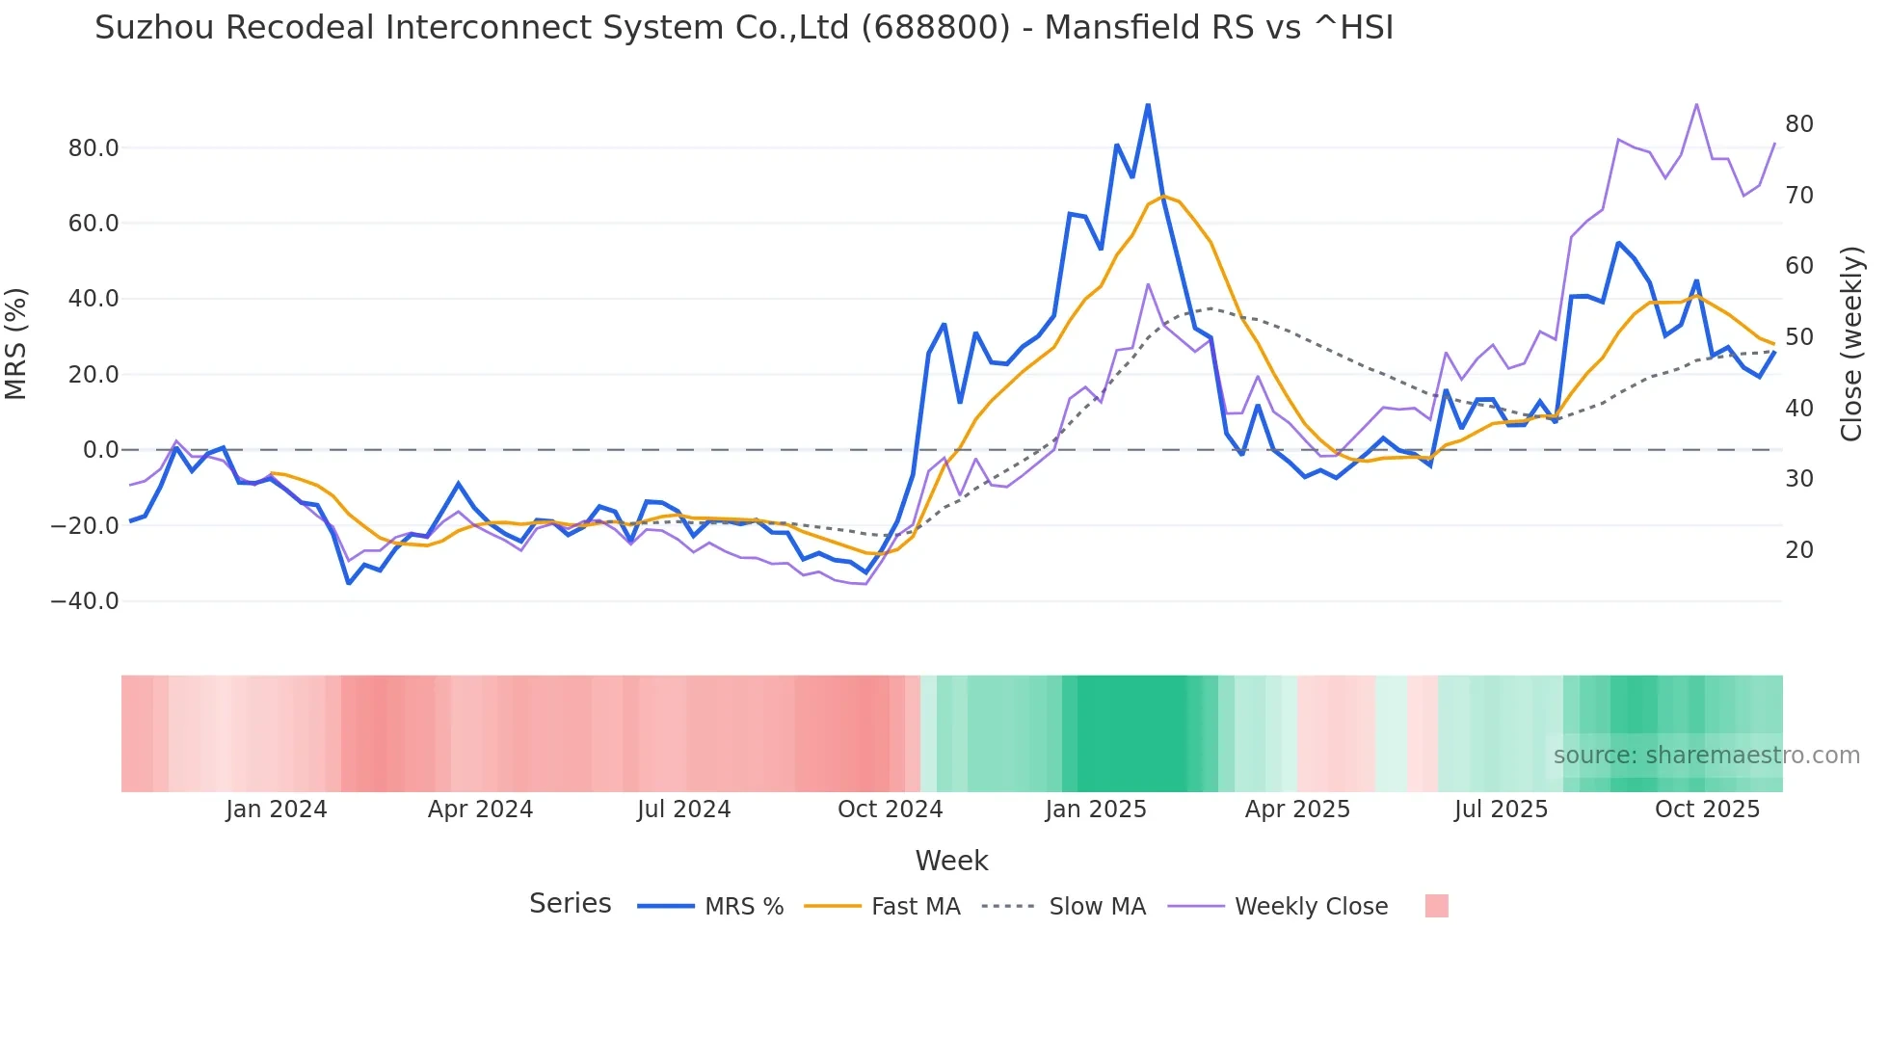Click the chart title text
point(744,28)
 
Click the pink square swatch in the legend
point(1436,906)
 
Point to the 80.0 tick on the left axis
point(93,148)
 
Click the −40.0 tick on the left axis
point(85,601)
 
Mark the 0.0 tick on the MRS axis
point(100,450)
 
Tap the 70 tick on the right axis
point(1798,196)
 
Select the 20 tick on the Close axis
point(1798,550)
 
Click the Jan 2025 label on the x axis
point(1096,810)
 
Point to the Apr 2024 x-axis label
point(480,810)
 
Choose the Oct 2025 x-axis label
point(1707,810)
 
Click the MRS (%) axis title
point(16,344)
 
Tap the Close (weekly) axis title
point(1850,344)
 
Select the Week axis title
point(951,861)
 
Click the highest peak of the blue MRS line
point(1148,105)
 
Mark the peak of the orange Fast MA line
point(1163,197)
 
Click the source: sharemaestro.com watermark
point(1706,756)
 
